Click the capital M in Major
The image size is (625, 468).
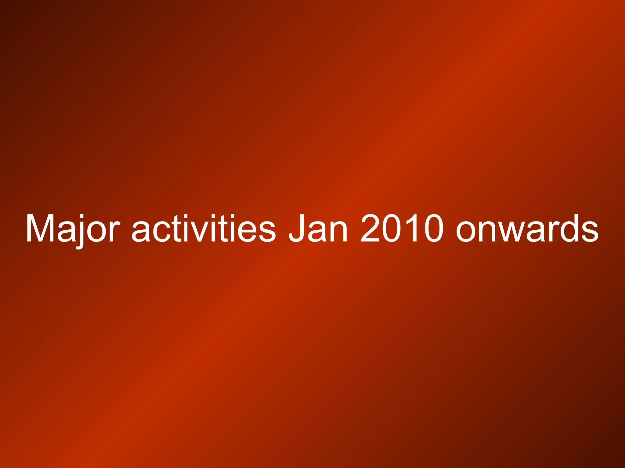[40, 229]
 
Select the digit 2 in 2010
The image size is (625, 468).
[370, 229]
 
